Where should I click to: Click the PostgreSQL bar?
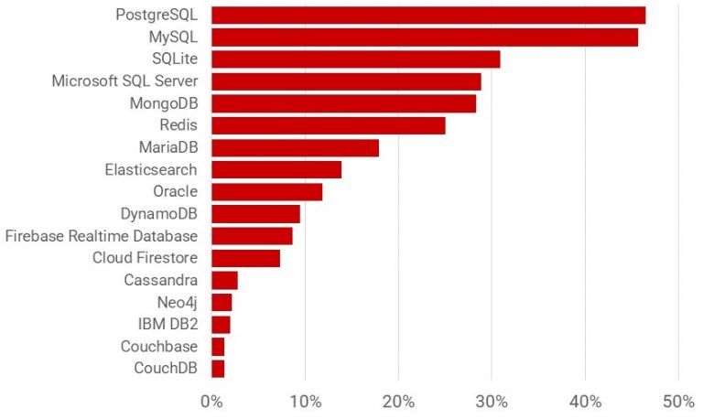(428, 16)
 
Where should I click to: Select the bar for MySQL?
(425, 38)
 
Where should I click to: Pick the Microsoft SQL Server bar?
(346, 81)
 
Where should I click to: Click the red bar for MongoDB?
(343, 103)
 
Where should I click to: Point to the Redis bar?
(328, 125)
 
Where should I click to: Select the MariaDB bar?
(295, 148)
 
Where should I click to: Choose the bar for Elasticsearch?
(276, 170)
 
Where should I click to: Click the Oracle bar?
(266, 192)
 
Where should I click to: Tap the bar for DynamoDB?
(255, 214)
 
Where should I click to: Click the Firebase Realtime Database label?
(102, 236)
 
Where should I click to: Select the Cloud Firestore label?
(145, 258)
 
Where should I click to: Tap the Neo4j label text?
(178, 302)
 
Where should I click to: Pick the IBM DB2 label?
(167, 324)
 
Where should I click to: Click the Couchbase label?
(159, 347)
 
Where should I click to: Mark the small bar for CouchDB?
(218, 369)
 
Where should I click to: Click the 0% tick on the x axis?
(211, 402)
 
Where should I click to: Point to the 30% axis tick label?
(491, 402)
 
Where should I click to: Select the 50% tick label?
(677, 402)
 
